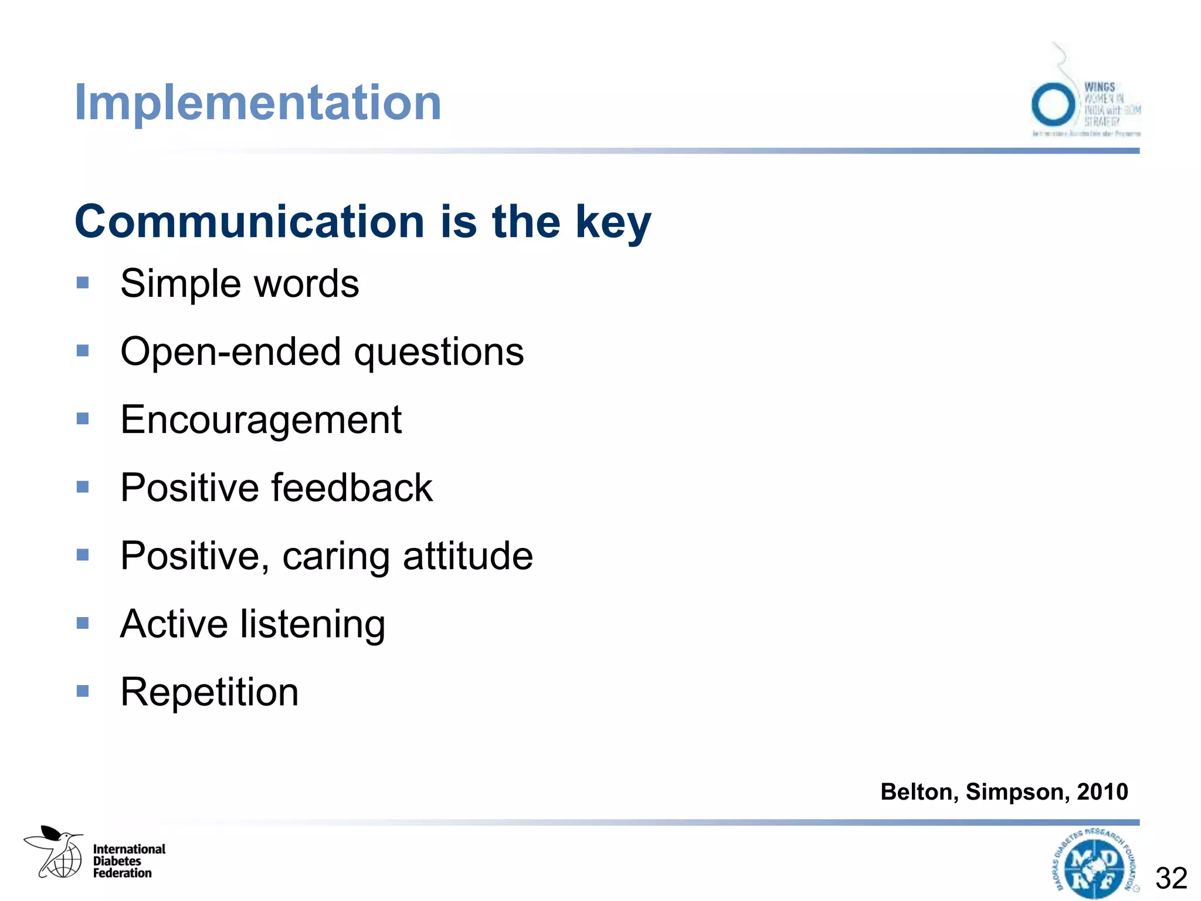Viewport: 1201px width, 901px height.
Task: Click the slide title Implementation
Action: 258,103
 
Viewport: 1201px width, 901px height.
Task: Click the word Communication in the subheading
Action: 249,222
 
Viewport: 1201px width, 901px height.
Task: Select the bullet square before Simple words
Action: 83,283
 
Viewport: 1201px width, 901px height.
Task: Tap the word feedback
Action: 352,488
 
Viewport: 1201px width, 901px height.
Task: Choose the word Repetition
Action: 209,692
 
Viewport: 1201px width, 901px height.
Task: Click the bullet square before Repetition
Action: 83,691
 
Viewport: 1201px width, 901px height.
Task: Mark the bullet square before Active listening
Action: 83,623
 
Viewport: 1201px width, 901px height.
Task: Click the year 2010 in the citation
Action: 1102,792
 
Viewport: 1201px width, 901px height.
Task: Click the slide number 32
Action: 1171,879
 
